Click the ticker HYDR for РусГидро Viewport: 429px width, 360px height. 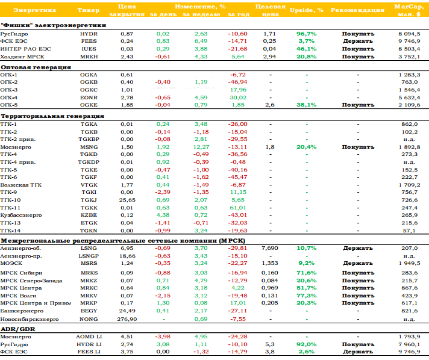tap(89, 34)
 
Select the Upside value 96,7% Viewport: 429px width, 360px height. tap(307, 34)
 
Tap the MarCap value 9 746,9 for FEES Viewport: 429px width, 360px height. tap(409, 42)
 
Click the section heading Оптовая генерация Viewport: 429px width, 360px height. tap(36, 67)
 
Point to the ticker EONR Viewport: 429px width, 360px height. tap(89, 98)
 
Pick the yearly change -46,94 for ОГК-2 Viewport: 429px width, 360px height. tap(237, 82)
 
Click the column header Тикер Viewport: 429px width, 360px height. tap(88, 10)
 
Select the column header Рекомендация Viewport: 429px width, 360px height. tap(357, 10)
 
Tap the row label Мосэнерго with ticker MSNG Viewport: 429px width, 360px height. tap(16, 147)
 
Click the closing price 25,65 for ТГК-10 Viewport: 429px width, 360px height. tap(127, 200)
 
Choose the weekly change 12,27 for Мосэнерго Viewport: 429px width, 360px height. tap(201, 147)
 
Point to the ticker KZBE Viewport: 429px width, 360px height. tap(89, 215)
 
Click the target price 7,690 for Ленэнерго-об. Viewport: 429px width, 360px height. tap(270, 248)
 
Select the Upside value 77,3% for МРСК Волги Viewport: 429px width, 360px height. tap(307, 296)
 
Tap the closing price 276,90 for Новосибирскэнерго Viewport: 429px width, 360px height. tap(127, 319)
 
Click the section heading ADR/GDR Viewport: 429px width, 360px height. tap(18, 329)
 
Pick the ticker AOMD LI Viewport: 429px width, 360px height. tap(89, 337)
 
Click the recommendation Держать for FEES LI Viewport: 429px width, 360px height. tap(358, 352)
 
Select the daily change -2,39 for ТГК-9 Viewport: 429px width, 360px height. tap(163, 192)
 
